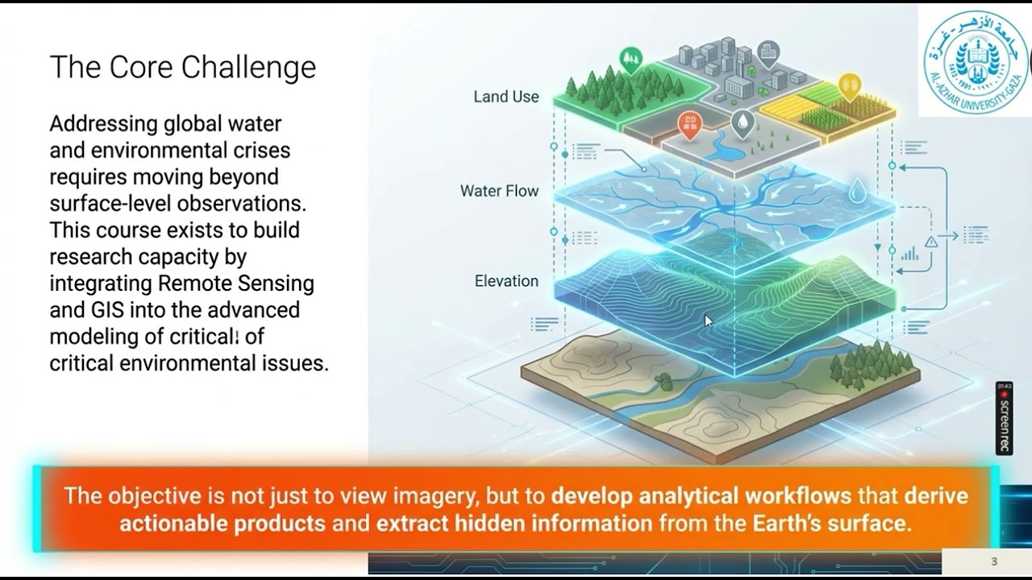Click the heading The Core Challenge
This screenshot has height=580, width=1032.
tap(182, 68)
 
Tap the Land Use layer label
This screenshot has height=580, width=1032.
tap(506, 97)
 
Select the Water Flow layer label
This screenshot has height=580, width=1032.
tap(499, 191)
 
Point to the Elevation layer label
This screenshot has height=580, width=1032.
tap(506, 281)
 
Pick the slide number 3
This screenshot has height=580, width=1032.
tap(994, 561)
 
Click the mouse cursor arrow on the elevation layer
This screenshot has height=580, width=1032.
tap(709, 321)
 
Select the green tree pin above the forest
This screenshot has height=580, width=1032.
tap(630, 58)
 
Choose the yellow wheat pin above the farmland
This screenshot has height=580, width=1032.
tap(849, 84)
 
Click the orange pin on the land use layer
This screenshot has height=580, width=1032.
tap(689, 123)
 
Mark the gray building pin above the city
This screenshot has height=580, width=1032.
tap(768, 53)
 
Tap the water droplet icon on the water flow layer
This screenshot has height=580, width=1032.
tap(858, 191)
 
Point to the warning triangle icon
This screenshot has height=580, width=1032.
tap(931, 242)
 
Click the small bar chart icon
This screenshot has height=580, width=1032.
tap(909, 254)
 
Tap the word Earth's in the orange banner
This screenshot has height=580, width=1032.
tap(787, 524)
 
